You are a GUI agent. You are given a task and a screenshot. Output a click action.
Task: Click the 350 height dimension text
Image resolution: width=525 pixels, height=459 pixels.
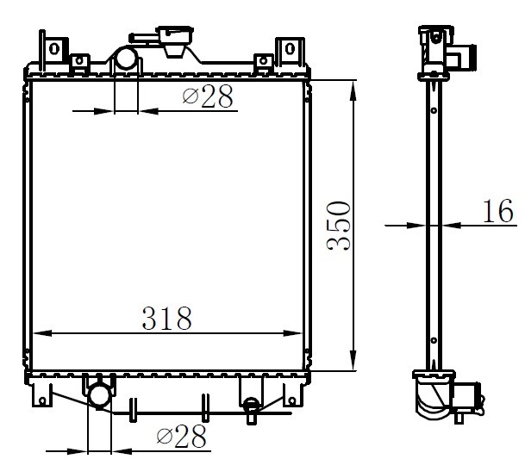click(339, 226)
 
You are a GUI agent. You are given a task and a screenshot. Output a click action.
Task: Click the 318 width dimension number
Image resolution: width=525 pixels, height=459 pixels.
click(167, 318)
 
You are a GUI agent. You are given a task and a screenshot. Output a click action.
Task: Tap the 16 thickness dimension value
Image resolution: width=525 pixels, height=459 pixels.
click(498, 210)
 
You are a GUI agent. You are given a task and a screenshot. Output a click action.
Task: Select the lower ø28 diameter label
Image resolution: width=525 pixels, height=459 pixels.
click(181, 436)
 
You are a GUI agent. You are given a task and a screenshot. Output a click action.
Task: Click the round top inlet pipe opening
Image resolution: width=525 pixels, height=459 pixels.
click(126, 58)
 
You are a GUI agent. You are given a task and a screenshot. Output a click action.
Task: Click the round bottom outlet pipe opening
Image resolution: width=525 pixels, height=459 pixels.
click(99, 396)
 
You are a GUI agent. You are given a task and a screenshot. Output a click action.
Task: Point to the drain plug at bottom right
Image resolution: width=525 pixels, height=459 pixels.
click(251, 409)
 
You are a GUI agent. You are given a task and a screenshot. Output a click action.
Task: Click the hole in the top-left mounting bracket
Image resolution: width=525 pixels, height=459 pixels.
click(54, 48)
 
